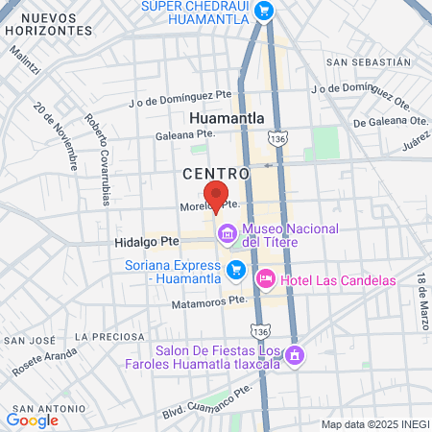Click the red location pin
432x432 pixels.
tap(217, 194)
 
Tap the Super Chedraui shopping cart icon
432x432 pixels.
tap(264, 11)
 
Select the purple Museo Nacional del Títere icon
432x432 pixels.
tap(227, 233)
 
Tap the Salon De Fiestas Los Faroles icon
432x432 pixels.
tap(296, 355)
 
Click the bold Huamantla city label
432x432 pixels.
tap(228, 118)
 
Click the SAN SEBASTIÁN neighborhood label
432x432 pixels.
tap(369, 61)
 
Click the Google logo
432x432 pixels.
tap(32, 420)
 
